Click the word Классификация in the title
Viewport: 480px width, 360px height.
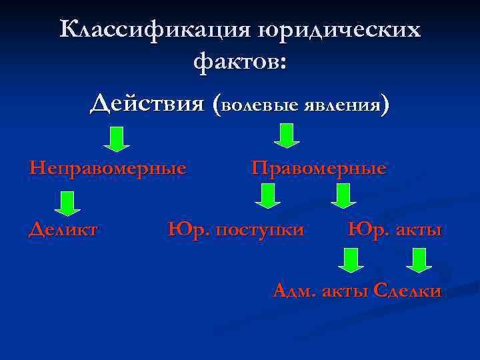pyautogui.click(x=154, y=30)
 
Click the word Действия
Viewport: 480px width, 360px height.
pyautogui.click(x=147, y=103)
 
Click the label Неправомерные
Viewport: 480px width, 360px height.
pyautogui.click(x=107, y=168)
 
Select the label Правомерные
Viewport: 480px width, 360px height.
pyautogui.click(x=319, y=168)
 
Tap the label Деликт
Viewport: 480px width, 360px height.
pyautogui.click(x=63, y=230)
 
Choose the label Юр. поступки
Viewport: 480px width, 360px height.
pyautogui.click(x=236, y=231)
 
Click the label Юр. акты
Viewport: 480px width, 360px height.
pyautogui.click(x=395, y=230)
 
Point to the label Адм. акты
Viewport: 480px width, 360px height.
pyautogui.click(x=321, y=291)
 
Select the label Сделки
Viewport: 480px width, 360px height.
pyautogui.click(x=407, y=291)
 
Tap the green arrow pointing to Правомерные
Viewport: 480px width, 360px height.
pyautogui.click(x=287, y=135)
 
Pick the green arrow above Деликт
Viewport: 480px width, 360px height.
pyautogui.click(x=67, y=203)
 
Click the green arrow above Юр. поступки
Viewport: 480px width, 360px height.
pyautogui.click(x=268, y=196)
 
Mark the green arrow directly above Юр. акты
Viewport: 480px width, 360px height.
pyautogui.click(x=343, y=196)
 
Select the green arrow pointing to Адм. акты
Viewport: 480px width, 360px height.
pyautogui.click(x=351, y=259)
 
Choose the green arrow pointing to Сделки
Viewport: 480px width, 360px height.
pyautogui.click(x=419, y=259)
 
